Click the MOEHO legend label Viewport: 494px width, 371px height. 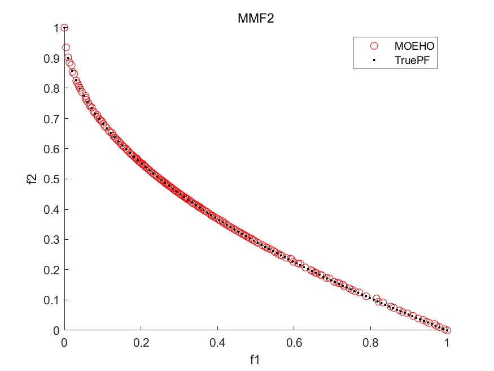(x=414, y=45)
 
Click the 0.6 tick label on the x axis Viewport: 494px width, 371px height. (x=294, y=342)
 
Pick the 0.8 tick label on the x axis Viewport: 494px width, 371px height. (x=370, y=342)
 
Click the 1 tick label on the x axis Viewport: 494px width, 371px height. (x=447, y=342)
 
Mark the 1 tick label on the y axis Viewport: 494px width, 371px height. (x=55, y=28)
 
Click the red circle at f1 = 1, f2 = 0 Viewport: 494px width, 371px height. (x=447, y=330)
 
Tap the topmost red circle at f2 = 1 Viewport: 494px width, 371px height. (x=64, y=28)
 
